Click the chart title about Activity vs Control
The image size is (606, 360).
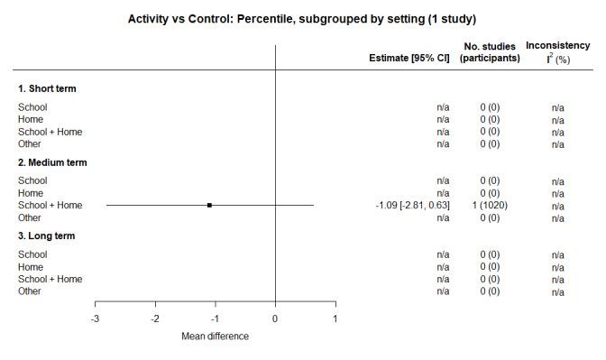coord(302,18)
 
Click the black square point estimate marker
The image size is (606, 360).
coord(209,206)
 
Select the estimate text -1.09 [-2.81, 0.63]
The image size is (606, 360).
coord(412,206)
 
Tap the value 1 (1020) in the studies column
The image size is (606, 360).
coord(490,206)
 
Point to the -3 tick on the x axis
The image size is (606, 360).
coord(96,318)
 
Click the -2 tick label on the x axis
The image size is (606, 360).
coord(155,318)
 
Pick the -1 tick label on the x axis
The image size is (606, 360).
coord(215,318)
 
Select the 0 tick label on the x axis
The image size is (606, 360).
coord(275,318)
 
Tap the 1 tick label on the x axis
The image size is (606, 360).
coord(335,318)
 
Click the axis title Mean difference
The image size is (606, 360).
coord(215,337)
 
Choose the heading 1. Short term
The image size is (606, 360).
coord(47,88)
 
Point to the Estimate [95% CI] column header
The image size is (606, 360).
coord(409,59)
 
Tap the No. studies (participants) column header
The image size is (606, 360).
coord(490,52)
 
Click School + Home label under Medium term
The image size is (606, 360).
coord(50,206)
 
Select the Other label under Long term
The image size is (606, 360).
coord(30,291)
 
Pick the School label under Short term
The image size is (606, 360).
coord(32,107)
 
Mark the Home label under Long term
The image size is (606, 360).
coord(31,267)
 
